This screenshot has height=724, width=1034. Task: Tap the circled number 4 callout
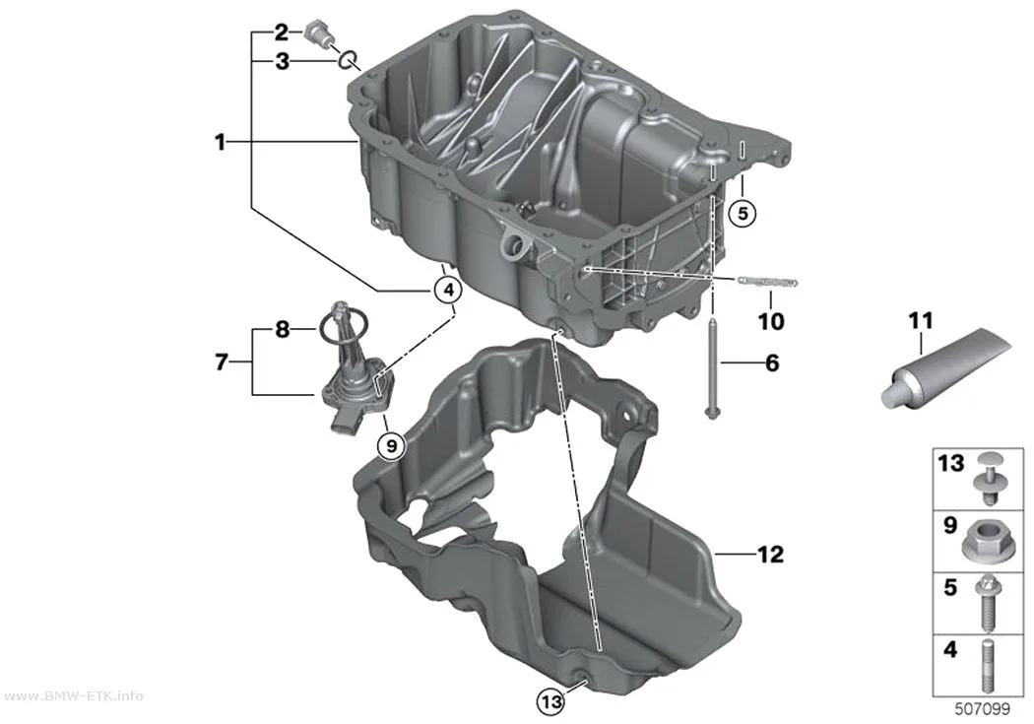[448, 289]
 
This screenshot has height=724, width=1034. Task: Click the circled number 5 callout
[743, 213]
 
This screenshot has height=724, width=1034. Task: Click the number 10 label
[771, 321]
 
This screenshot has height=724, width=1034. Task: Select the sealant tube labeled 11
[944, 368]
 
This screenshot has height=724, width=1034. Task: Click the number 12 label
[771, 555]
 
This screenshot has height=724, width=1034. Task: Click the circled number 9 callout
[391, 446]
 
